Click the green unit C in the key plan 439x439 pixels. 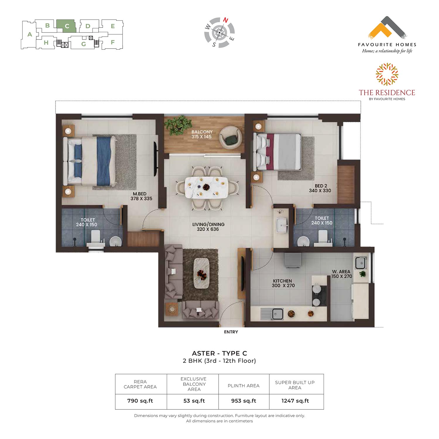(x=66, y=26)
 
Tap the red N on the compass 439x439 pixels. (x=226, y=20)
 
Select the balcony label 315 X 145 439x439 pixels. (x=202, y=137)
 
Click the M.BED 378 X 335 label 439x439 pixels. (x=141, y=196)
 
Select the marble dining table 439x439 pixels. (x=207, y=188)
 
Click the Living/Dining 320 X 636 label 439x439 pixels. (x=208, y=227)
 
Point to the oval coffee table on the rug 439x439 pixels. (x=201, y=273)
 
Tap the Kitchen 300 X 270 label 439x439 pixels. (x=283, y=283)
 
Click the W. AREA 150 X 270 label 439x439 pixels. (x=342, y=274)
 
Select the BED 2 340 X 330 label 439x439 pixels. (x=320, y=188)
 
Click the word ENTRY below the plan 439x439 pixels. (x=231, y=332)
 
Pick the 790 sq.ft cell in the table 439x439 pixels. (x=140, y=401)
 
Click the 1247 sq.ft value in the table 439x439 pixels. (x=295, y=401)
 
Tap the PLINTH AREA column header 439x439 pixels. (x=243, y=386)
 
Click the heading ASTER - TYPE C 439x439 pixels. (x=220, y=353)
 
